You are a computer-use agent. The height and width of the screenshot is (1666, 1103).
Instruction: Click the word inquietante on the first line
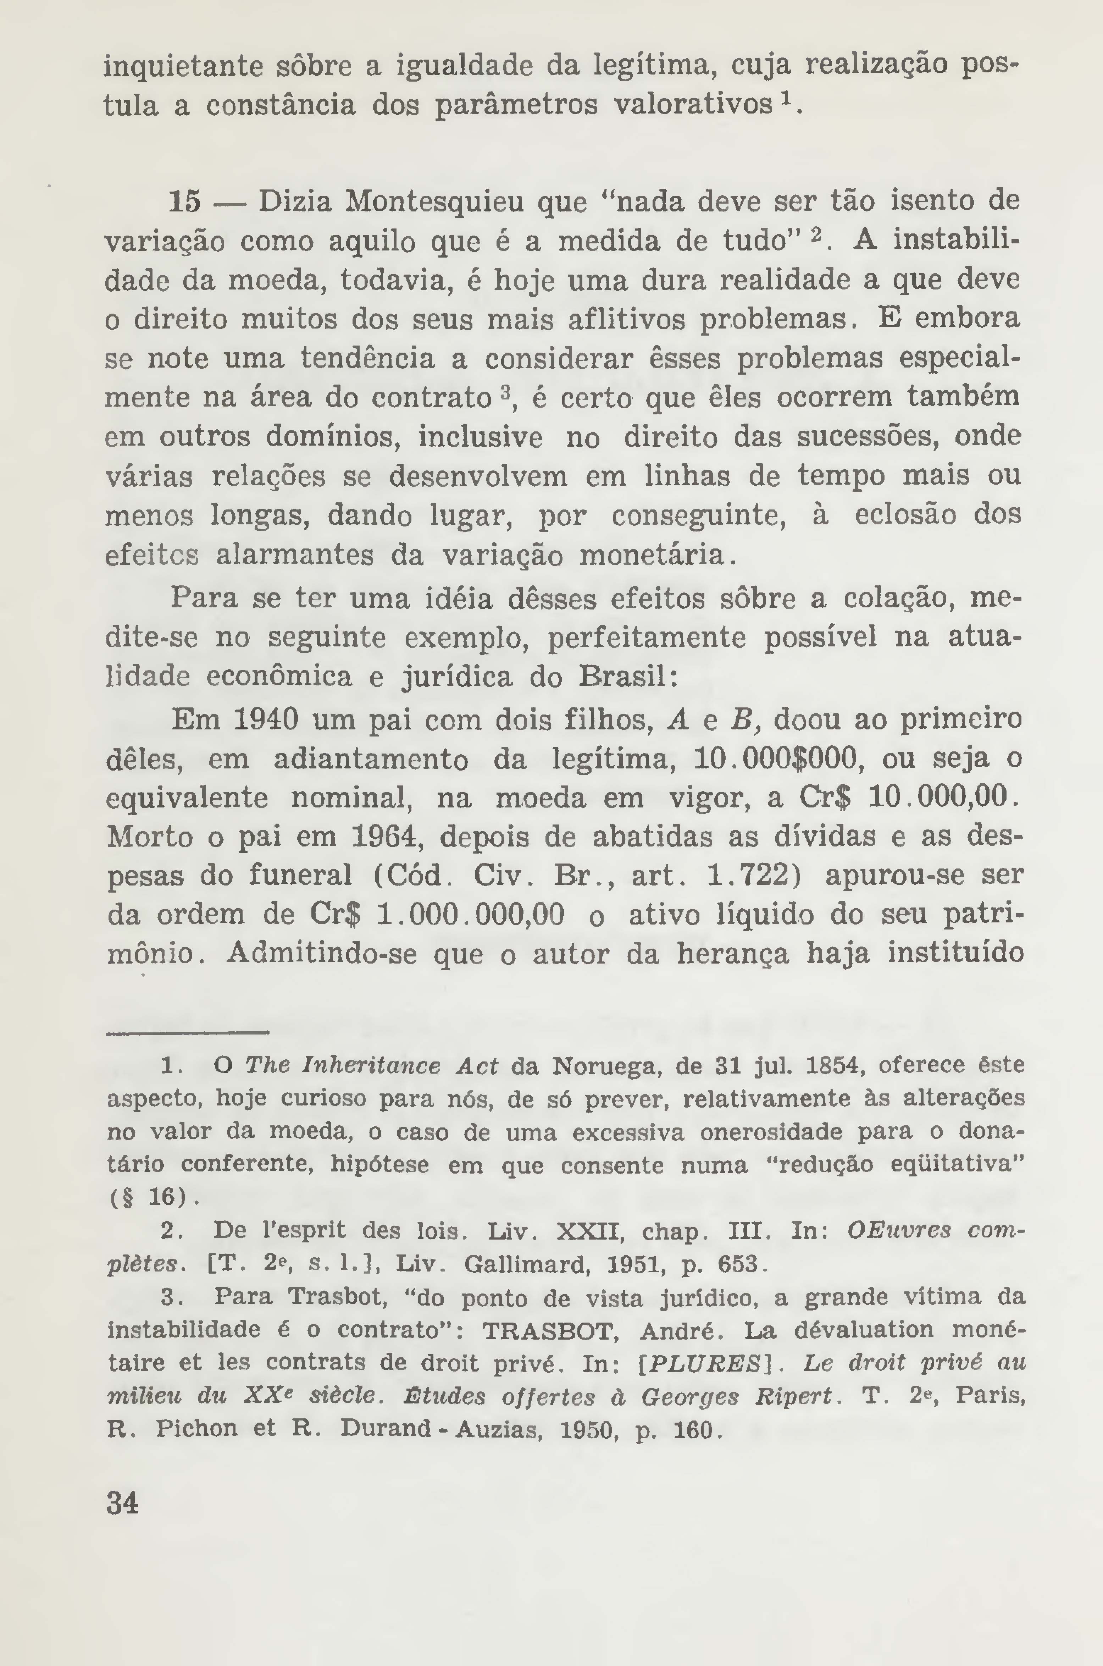point(183,67)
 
